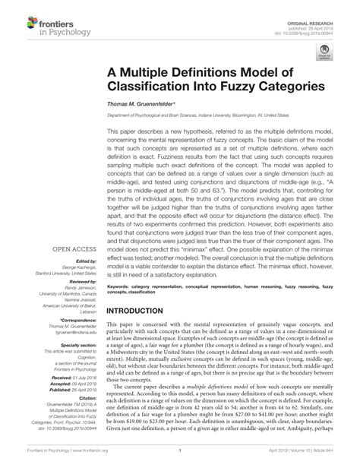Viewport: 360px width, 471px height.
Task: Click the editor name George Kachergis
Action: point(75,248)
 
